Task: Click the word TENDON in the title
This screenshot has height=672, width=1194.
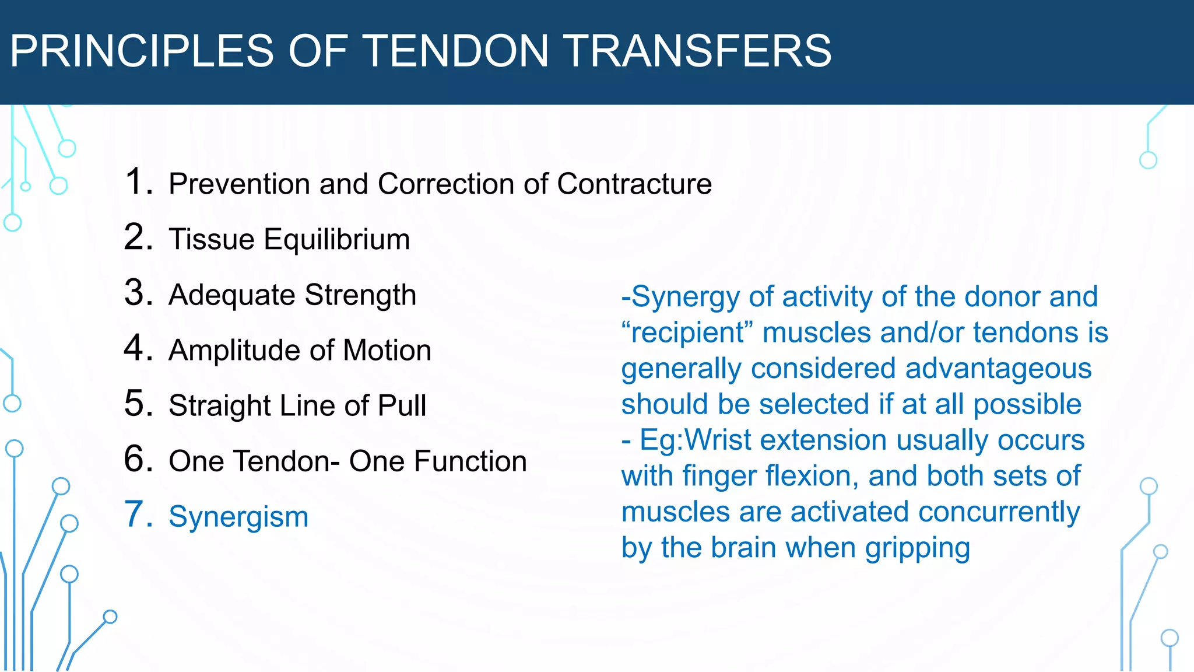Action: (456, 51)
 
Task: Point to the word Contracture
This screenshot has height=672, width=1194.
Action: (634, 184)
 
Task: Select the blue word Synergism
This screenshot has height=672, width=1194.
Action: (238, 517)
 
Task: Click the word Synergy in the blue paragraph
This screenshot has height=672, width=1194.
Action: (686, 297)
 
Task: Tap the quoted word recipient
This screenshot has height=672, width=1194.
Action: (688, 332)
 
